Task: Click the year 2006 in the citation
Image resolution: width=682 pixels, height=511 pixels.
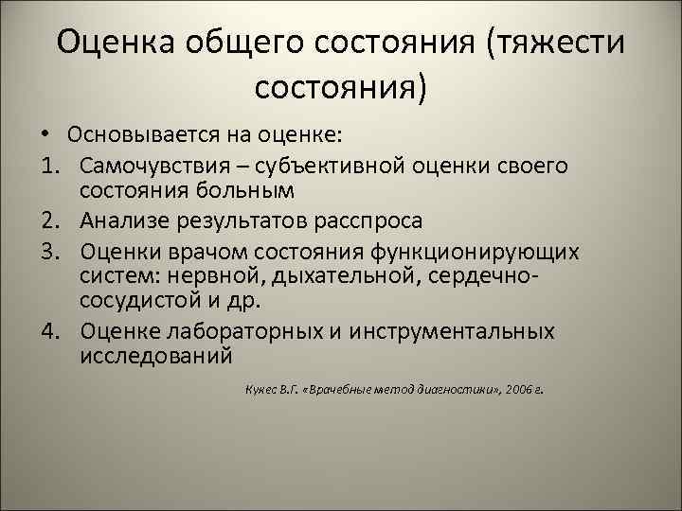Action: point(517,388)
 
